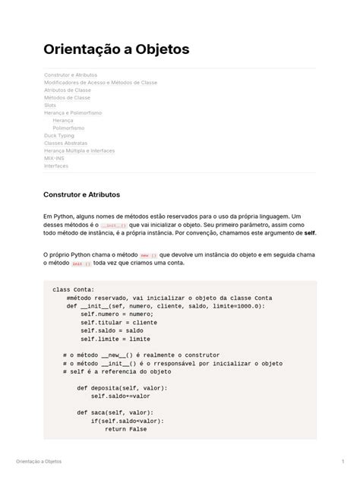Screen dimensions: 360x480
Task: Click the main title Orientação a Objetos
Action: click(116, 49)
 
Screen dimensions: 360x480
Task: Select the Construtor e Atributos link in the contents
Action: click(71, 74)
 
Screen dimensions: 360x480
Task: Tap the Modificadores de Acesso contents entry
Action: click(100, 82)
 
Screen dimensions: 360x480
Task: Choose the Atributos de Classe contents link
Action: click(68, 90)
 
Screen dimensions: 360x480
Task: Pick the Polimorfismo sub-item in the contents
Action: click(69, 128)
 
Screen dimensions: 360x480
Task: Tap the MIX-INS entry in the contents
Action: click(55, 158)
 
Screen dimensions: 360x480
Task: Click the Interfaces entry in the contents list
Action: click(56, 166)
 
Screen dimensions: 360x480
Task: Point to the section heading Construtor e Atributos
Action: click(82, 194)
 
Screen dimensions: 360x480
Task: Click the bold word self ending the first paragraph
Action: click(309, 234)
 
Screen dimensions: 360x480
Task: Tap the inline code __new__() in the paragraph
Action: click(148, 255)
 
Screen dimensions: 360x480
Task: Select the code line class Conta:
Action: click(74, 289)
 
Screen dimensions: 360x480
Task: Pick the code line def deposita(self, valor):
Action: click(122, 387)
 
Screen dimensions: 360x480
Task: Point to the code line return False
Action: click(126, 428)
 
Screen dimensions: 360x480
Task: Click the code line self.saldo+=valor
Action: click(121, 396)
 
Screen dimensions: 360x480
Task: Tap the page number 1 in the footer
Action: click(343, 462)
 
